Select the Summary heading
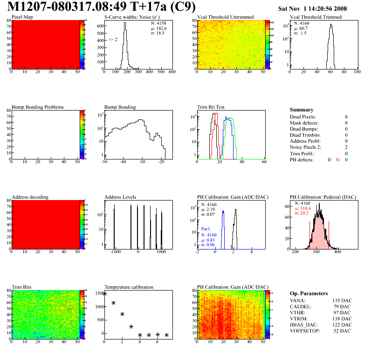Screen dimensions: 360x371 302,110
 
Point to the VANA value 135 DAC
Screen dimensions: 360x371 342,300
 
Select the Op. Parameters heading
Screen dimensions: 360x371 309,293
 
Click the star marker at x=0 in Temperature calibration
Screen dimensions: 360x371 104,293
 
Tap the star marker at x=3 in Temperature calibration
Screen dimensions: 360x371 131,327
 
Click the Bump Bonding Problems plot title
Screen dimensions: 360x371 38,107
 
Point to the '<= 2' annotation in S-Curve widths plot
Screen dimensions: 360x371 113,40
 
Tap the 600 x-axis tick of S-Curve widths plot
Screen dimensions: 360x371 172,73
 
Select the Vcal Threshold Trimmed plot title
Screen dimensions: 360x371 316,17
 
